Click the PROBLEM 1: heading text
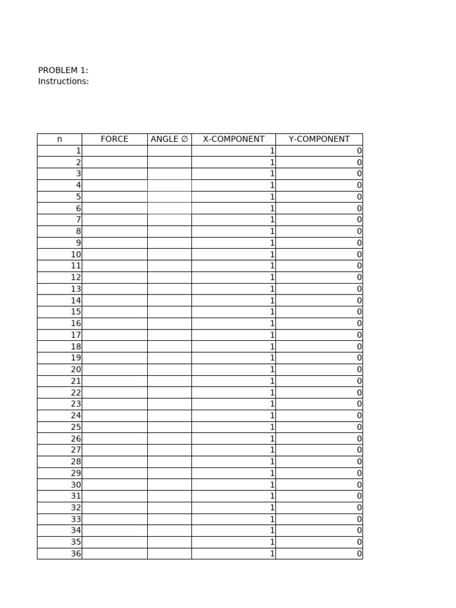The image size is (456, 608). (x=63, y=70)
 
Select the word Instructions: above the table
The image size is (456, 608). (x=64, y=81)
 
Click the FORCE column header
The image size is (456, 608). (x=115, y=139)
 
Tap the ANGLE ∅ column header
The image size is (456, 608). (x=169, y=139)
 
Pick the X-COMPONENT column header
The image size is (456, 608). (x=233, y=139)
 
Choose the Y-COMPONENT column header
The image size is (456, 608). (x=319, y=139)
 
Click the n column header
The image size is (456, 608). (x=59, y=139)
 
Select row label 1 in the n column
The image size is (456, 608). (x=78, y=151)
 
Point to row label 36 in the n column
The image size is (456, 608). (x=76, y=554)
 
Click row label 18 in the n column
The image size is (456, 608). (x=76, y=347)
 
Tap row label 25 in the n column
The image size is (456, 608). (x=76, y=427)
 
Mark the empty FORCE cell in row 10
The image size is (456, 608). (x=115, y=255)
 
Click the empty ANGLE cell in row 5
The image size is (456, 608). (x=169, y=197)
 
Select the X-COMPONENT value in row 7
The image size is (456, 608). (x=273, y=220)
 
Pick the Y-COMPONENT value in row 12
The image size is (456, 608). (x=359, y=277)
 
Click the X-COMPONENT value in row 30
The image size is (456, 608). (x=273, y=485)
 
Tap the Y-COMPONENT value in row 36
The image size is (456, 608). (x=359, y=554)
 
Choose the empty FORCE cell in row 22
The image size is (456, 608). (x=115, y=393)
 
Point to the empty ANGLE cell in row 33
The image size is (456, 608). (x=169, y=520)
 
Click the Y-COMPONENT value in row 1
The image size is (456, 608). (x=359, y=151)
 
